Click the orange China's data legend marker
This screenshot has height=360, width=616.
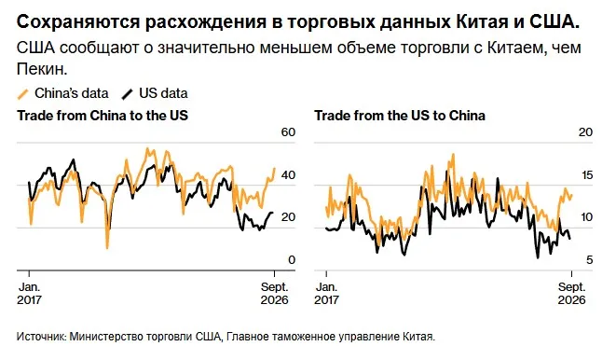[x=23, y=94]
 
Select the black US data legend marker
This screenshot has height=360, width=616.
[x=128, y=94]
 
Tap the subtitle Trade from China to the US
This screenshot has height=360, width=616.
[x=103, y=116]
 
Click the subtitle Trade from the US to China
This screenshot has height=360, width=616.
[x=400, y=116]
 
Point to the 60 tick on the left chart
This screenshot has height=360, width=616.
[x=288, y=132]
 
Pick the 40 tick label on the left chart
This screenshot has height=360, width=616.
[x=288, y=175]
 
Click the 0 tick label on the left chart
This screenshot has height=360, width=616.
[x=292, y=260]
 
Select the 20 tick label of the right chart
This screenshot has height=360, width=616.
[x=585, y=132]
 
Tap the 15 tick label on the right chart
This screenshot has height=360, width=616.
[x=586, y=175]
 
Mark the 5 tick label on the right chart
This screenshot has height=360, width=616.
[x=589, y=260]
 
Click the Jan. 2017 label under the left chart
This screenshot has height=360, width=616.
[x=29, y=293]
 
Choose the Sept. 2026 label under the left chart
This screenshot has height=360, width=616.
[x=274, y=293]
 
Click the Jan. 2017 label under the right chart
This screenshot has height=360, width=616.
[x=326, y=293]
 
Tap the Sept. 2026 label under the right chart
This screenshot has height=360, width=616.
[x=571, y=293]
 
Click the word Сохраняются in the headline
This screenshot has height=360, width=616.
[x=77, y=22]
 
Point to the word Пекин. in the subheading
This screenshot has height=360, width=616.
[x=42, y=69]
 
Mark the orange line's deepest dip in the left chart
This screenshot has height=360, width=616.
[x=107, y=247]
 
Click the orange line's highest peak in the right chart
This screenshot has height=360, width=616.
[x=453, y=155]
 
